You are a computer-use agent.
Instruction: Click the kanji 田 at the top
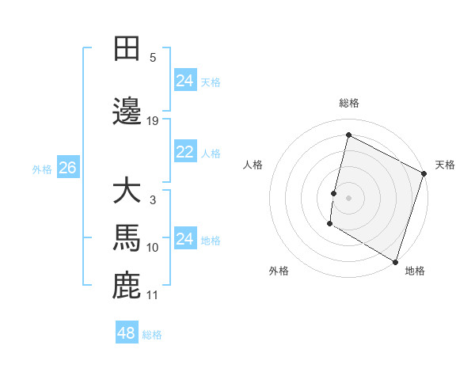tap(127, 48)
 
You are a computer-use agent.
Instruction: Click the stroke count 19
tap(153, 120)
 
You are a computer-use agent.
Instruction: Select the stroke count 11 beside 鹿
tap(153, 295)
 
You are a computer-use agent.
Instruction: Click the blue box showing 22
tap(184, 152)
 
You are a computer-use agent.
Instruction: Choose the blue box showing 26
tap(67, 168)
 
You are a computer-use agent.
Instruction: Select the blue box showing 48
tap(126, 333)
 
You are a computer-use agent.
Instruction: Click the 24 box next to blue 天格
tap(184, 81)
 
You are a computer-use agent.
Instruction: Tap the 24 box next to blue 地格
tap(184, 239)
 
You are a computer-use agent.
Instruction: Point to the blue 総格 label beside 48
tap(152, 335)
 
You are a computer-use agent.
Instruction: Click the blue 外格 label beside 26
tap(42, 169)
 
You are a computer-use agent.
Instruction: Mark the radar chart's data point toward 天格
tap(424, 175)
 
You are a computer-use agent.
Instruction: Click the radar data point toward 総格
tap(348, 135)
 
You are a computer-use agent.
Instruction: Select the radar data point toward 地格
tap(394, 261)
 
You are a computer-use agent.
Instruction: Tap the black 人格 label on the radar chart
tap(253, 165)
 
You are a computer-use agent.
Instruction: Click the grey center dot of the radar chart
tap(348, 197)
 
